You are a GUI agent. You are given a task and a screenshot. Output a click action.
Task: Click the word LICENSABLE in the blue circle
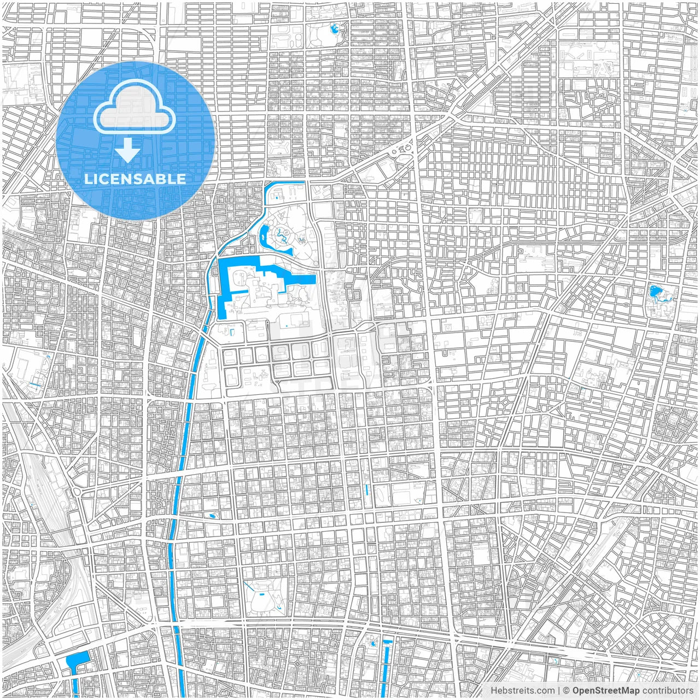click(x=135, y=179)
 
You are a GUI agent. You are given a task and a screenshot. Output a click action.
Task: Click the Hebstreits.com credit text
click(x=522, y=691)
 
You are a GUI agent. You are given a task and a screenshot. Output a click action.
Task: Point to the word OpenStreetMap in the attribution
click(x=606, y=691)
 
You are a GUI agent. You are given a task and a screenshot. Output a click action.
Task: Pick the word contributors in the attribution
click(x=668, y=691)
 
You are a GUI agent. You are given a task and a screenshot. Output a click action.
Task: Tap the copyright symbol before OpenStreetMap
click(x=567, y=691)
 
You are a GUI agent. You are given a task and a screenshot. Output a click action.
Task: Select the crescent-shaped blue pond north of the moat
click(x=264, y=236)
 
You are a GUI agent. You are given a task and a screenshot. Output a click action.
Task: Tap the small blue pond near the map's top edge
click(x=334, y=28)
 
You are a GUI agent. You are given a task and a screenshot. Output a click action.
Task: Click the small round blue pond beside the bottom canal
click(x=374, y=644)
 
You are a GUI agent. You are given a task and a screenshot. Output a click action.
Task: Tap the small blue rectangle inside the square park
click(x=261, y=593)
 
